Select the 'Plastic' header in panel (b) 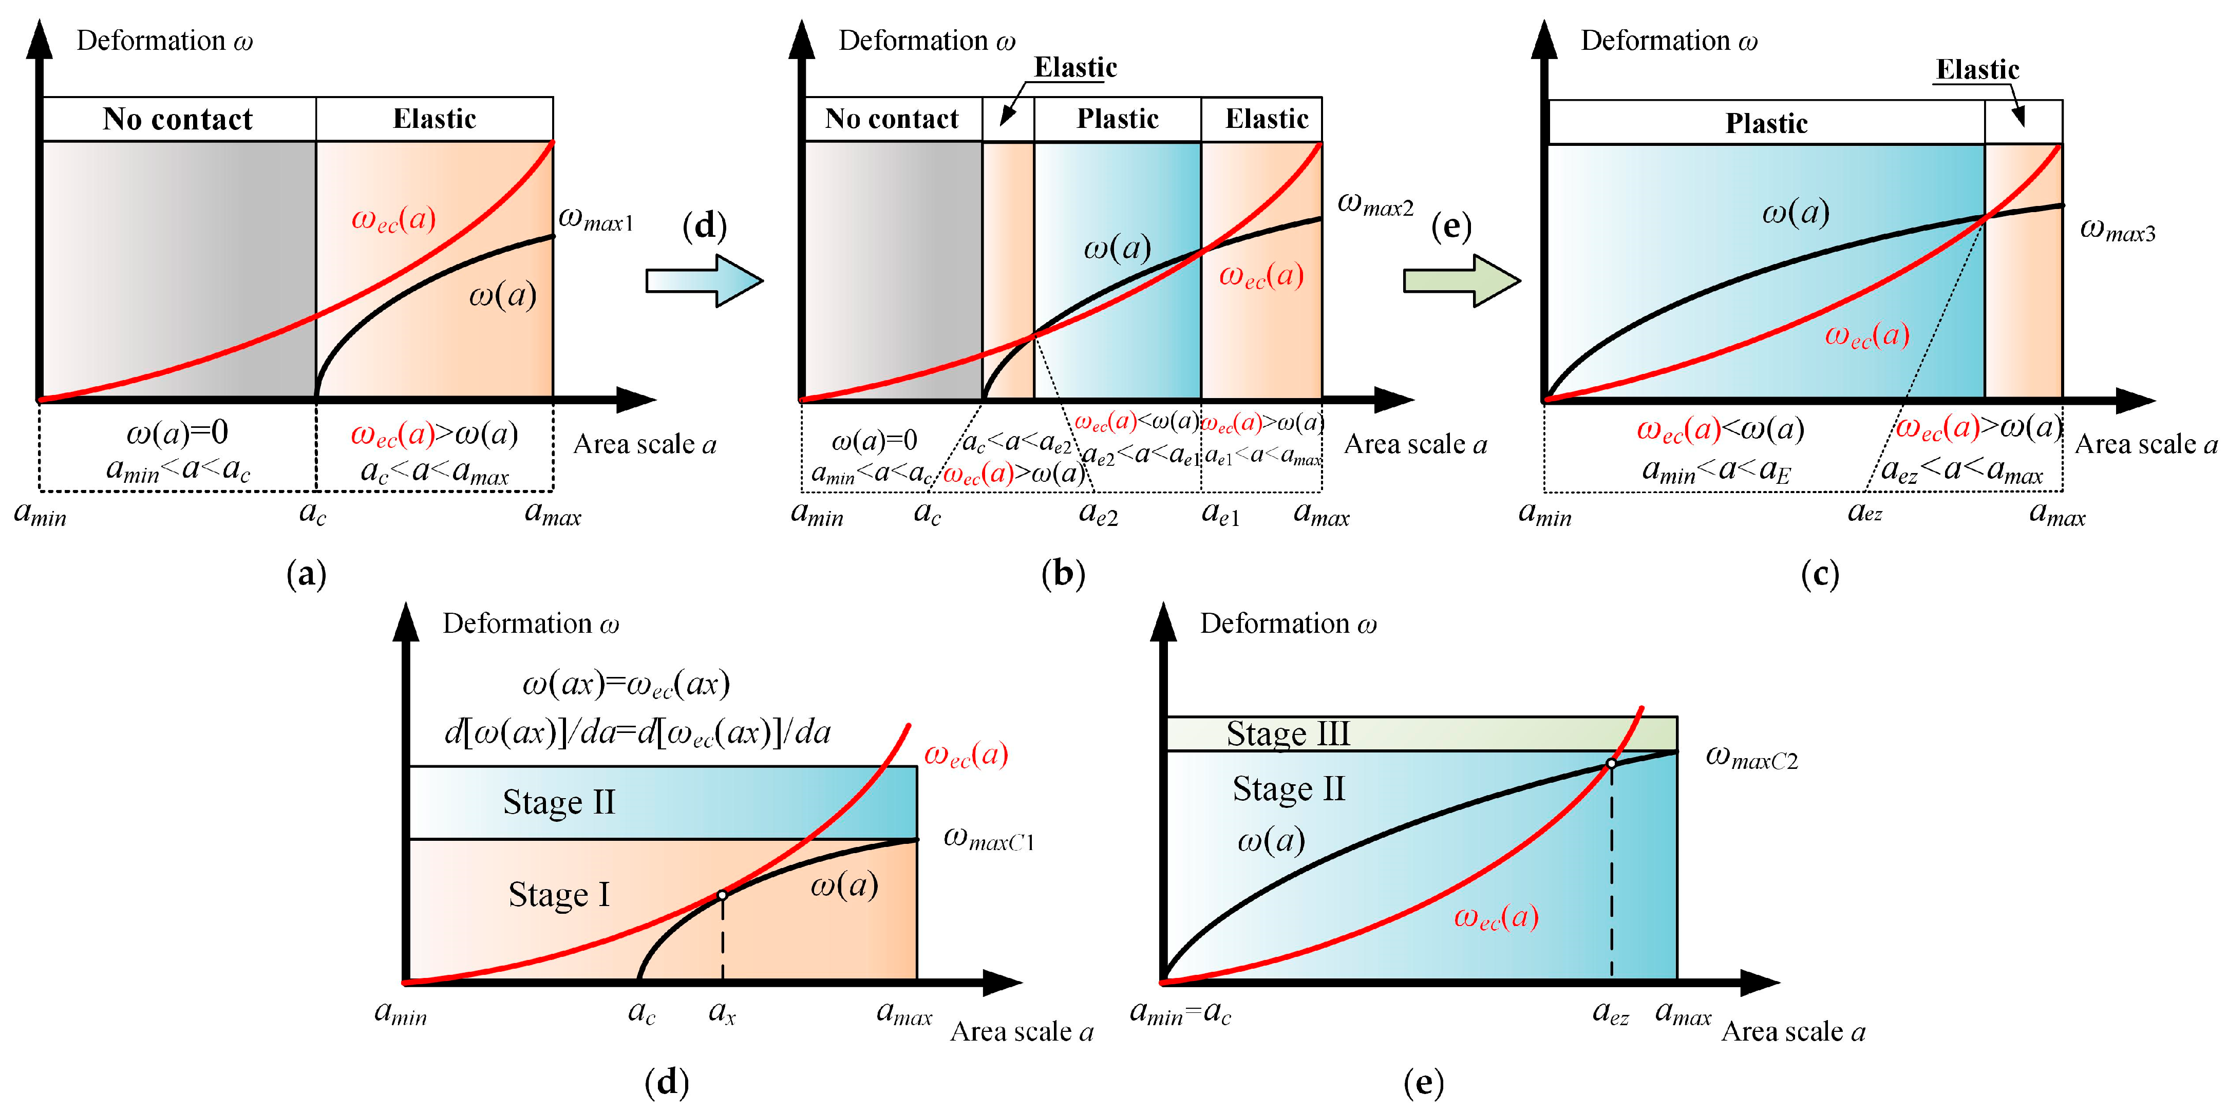(x=1117, y=119)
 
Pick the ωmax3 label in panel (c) (x=2117, y=230)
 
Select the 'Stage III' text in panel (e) (x=1287, y=734)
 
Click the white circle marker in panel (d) (x=723, y=895)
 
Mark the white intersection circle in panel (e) (x=1612, y=764)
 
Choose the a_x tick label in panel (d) (x=722, y=1012)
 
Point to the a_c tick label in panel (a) (x=312, y=514)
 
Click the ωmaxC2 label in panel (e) (x=1751, y=758)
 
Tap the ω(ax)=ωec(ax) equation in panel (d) (x=626, y=685)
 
